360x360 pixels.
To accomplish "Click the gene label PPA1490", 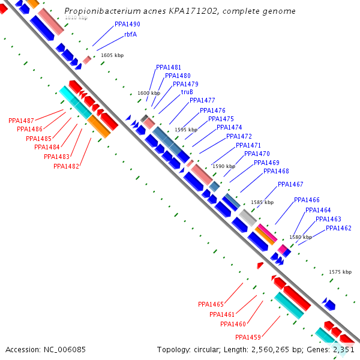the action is click(127, 24).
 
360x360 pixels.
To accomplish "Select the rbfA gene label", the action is click(130, 34).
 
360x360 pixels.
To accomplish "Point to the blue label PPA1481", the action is click(169, 67).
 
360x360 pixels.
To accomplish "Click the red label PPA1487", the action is click(21, 121).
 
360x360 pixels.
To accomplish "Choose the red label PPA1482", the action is click(66, 166).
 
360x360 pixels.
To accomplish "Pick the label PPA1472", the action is click(239, 136).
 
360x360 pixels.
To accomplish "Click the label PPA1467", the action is click(290, 184).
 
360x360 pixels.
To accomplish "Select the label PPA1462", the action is click(338, 228).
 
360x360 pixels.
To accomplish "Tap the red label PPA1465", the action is click(211, 304).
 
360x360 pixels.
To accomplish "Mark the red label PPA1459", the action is click(248, 337).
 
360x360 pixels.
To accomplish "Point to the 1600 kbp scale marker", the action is click(149, 93).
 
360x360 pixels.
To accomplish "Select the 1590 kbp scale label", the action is click(223, 166).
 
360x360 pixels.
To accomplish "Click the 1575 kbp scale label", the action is click(340, 272).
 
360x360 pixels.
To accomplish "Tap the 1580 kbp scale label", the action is click(301, 237).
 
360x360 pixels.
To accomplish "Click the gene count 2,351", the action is click(344, 349).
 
